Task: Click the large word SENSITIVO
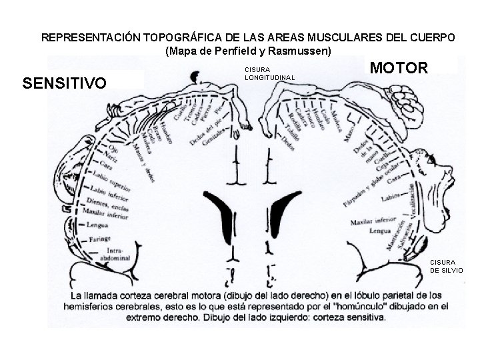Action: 64,84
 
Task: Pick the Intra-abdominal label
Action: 115,254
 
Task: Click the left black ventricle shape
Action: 224,217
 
